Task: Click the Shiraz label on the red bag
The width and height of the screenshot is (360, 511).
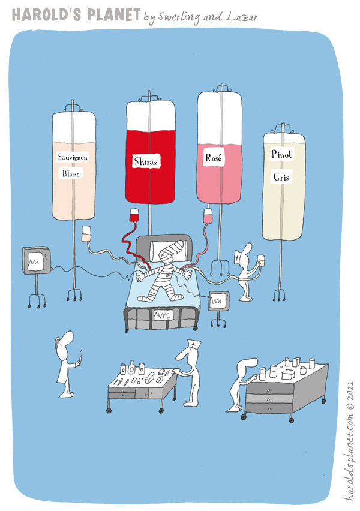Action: click(146, 161)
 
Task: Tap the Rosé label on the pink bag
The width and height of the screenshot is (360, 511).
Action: click(214, 158)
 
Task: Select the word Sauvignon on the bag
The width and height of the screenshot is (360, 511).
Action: click(73, 157)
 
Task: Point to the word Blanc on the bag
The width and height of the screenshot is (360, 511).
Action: click(71, 174)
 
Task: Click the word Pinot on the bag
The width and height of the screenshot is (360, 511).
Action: click(281, 154)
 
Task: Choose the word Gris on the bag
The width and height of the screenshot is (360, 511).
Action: click(281, 177)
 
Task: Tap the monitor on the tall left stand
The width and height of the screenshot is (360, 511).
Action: click(37, 260)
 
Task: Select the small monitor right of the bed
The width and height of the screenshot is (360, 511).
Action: click(218, 300)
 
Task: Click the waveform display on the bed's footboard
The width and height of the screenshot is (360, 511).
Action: click(163, 314)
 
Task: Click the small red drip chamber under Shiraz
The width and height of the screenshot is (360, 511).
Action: click(134, 215)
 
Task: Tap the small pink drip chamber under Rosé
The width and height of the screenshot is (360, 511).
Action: click(208, 216)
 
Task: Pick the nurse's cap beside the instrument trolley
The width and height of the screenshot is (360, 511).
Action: click(194, 344)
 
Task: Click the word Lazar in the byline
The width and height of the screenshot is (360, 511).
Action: click(242, 17)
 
